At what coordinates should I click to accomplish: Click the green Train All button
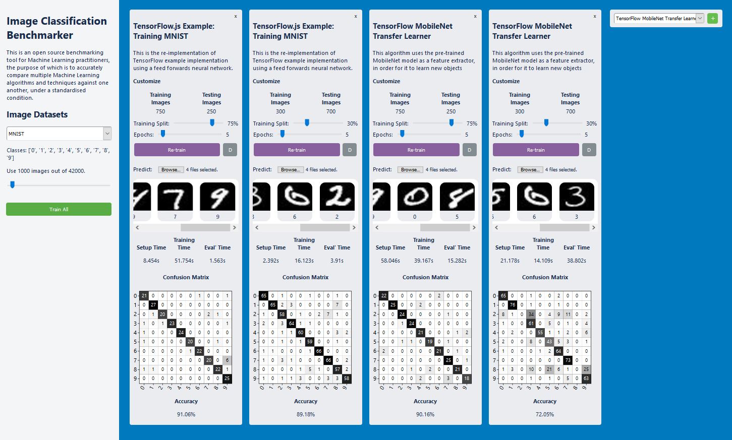point(59,209)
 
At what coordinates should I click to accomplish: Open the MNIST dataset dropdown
point(59,134)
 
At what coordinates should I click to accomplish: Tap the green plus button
point(712,18)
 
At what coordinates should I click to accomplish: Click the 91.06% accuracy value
point(186,414)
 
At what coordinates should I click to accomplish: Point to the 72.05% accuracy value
point(545,414)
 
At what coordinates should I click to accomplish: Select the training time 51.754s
point(184,261)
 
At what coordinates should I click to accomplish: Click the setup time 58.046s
point(390,261)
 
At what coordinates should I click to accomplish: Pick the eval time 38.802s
point(577,261)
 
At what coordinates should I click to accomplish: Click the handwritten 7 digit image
point(175,197)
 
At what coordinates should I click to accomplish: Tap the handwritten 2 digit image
point(337,197)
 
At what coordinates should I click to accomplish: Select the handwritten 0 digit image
point(415,197)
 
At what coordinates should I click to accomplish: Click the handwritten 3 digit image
point(577,197)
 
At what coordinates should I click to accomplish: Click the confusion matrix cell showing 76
point(513,305)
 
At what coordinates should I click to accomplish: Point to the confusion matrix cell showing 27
point(153,305)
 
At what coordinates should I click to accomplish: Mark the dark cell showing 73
point(568,360)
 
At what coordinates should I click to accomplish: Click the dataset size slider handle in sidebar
point(13,185)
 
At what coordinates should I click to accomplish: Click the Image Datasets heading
point(37,114)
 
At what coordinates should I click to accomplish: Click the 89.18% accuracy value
point(306,414)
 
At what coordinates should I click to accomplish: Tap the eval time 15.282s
point(457,261)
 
